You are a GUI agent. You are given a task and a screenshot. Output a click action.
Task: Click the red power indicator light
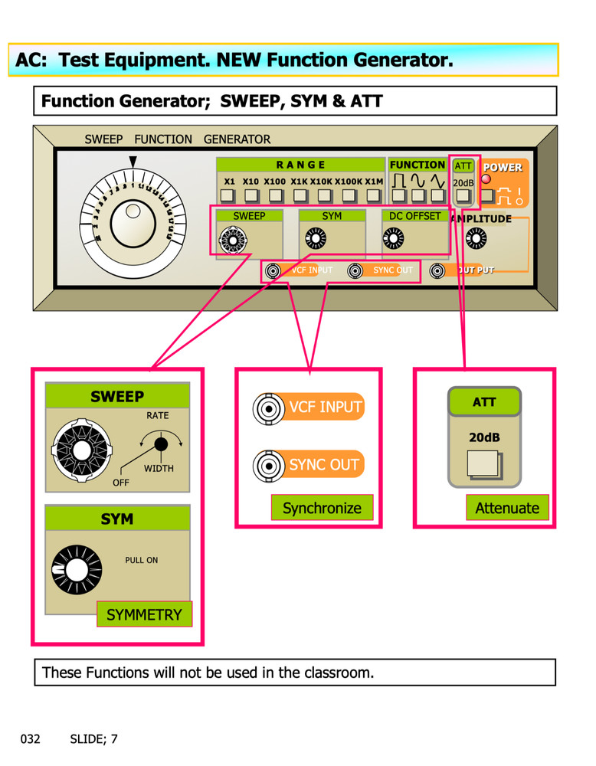486,179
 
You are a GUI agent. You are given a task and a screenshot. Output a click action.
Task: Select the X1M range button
374,197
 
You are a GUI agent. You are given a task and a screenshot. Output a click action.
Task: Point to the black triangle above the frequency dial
133,161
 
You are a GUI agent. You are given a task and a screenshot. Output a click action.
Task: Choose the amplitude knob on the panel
475,240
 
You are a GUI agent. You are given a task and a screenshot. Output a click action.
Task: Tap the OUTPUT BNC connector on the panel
437,270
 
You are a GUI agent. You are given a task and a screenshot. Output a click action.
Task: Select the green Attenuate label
507,508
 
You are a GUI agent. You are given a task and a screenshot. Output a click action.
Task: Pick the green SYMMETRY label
144,614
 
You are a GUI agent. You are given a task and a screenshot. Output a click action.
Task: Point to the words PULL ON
142,560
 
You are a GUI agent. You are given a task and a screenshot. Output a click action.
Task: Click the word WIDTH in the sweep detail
159,468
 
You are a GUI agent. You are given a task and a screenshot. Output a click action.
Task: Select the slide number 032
30,739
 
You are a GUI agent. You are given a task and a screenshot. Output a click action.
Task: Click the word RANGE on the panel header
300,165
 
